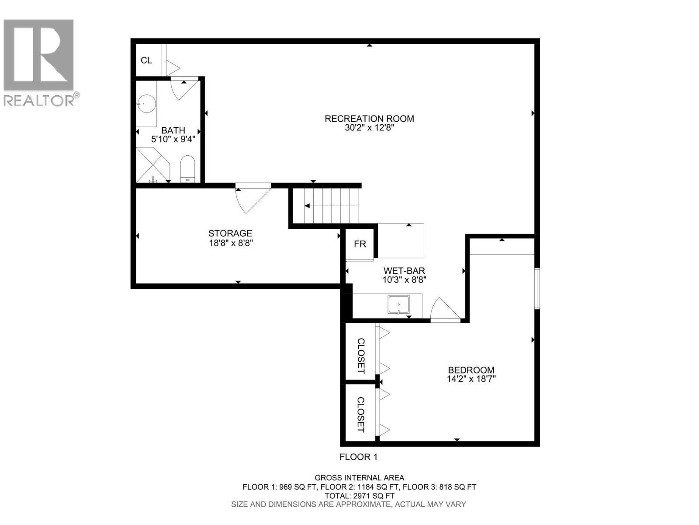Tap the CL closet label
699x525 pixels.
click(146, 60)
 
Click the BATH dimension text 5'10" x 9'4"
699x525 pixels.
click(173, 140)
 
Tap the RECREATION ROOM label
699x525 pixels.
click(369, 119)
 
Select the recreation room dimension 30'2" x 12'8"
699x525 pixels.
click(369, 129)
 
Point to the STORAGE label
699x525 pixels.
click(230, 234)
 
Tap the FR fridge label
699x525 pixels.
click(360, 244)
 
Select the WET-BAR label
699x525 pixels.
click(404, 271)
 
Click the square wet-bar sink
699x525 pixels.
click(398, 305)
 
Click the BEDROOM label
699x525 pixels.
click(471, 370)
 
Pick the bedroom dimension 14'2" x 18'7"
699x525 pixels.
click(471, 379)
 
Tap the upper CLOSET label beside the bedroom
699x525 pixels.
click(361, 355)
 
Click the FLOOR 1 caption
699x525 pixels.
click(358, 457)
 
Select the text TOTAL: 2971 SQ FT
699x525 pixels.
click(360, 496)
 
